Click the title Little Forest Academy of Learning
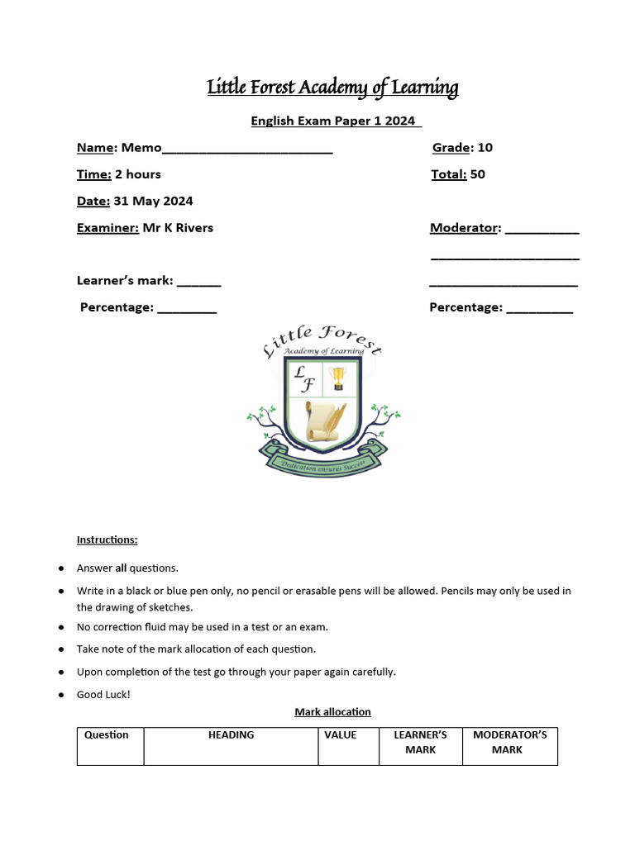[x=332, y=88]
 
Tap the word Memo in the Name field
[x=141, y=148]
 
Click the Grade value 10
[x=485, y=148]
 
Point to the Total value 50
[x=477, y=174]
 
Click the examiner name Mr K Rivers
[x=178, y=228]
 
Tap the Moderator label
[x=465, y=228]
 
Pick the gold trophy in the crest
[x=337, y=378]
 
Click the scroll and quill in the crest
[x=323, y=421]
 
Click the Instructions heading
[x=107, y=539]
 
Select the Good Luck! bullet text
[x=103, y=695]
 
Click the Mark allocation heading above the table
[x=332, y=711]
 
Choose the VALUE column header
[x=340, y=734]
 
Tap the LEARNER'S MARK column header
[x=420, y=742]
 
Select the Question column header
[x=107, y=734]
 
